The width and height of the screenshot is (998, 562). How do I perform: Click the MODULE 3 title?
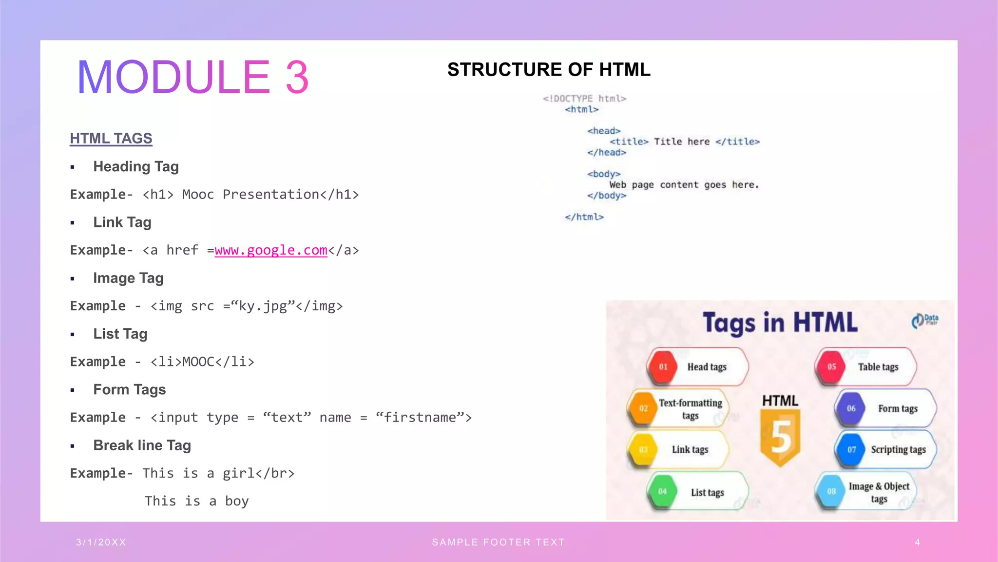pyautogui.click(x=192, y=77)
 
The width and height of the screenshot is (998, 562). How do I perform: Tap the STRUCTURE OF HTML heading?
pyautogui.click(x=549, y=70)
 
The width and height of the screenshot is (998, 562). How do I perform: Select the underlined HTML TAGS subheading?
pyautogui.click(x=111, y=139)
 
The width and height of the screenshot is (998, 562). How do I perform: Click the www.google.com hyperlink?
pyautogui.click(x=271, y=250)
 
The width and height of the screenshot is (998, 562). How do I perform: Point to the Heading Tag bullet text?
pyautogui.click(x=136, y=167)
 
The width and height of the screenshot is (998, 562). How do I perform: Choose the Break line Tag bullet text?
pyautogui.click(x=142, y=445)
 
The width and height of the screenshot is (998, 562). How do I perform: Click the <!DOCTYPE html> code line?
pyautogui.click(x=584, y=99)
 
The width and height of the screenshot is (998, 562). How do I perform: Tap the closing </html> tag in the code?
pyautogui.click(x=584, y=217)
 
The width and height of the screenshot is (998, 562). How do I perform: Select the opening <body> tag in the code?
pyautogui.click(x=604, y=174)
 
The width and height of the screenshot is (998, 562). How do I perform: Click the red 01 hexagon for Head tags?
pyautogui.click(x=663, y=367)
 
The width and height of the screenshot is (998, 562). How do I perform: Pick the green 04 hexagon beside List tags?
pyautogui.click(x=662, y=492)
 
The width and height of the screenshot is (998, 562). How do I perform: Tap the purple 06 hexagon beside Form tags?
pyautogui.click(x=851, y=408)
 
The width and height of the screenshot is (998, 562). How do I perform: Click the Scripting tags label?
pyautogui.click(x=898, y=450)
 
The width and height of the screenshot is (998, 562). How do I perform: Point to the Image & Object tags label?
pyautogui.click(x=879, y=492)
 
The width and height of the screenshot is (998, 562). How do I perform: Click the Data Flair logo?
pyautogui.click(x=925, y=320)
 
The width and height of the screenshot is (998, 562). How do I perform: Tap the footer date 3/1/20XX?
pyautogui.click(x=101, y=542)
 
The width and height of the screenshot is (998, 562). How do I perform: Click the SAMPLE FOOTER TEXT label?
pyautogui.click(x=499, y=542)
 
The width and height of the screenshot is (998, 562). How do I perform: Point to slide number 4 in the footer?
pyautogui.click(x=918, y=542)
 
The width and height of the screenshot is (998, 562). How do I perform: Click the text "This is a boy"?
pyautogui.click(x=197, y=502)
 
